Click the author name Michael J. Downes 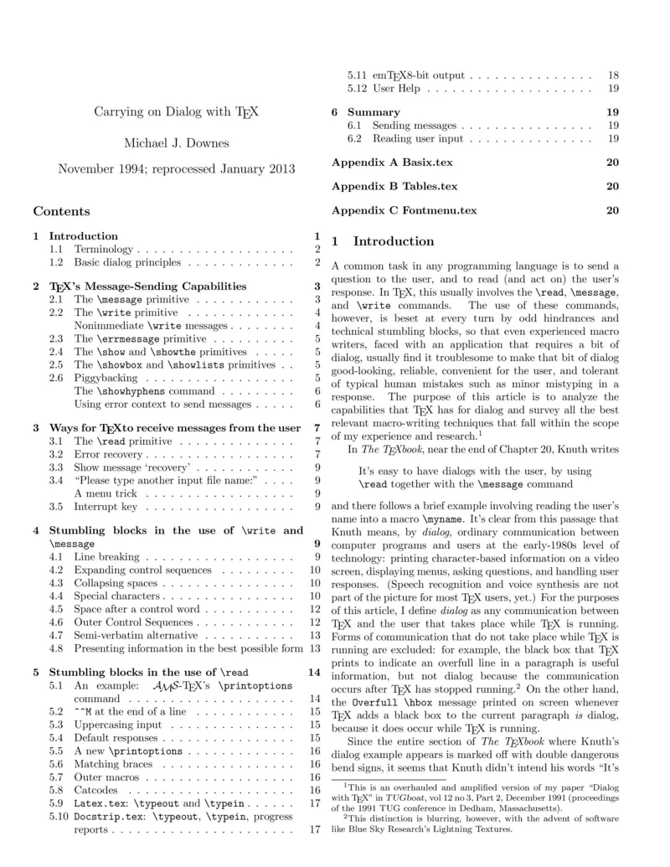click(x=177, y=142)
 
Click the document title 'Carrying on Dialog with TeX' click(x=177, y=111)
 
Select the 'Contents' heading click(x=61, y=211)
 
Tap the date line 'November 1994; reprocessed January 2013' click(x=177, y=168)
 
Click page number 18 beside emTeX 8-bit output click(x=613, y=75)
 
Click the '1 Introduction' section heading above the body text click(x=384, y=242)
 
